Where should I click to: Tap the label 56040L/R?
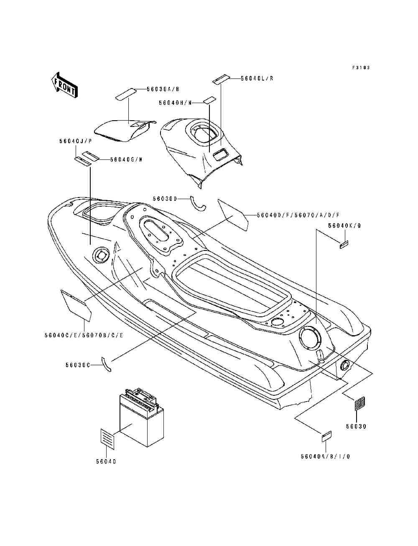pyautogui.click(x=257, y=78)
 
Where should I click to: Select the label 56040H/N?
pyautogui.click(x=175, y=103)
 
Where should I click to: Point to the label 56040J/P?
pyautogui.click(x=75, y=142)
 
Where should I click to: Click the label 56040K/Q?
pyautogui.click(x=344, y=226)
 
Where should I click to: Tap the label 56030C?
pyautogui.click(x=77, y=365)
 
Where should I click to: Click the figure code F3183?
pyautogui.click(x=361, y=68)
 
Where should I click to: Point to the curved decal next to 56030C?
pyautogui.click(x=107, y=363)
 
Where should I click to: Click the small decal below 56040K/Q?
pyautogui.click(x=344, y=245)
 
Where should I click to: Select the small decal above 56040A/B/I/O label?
pyautogui.click(x=326, y=436)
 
